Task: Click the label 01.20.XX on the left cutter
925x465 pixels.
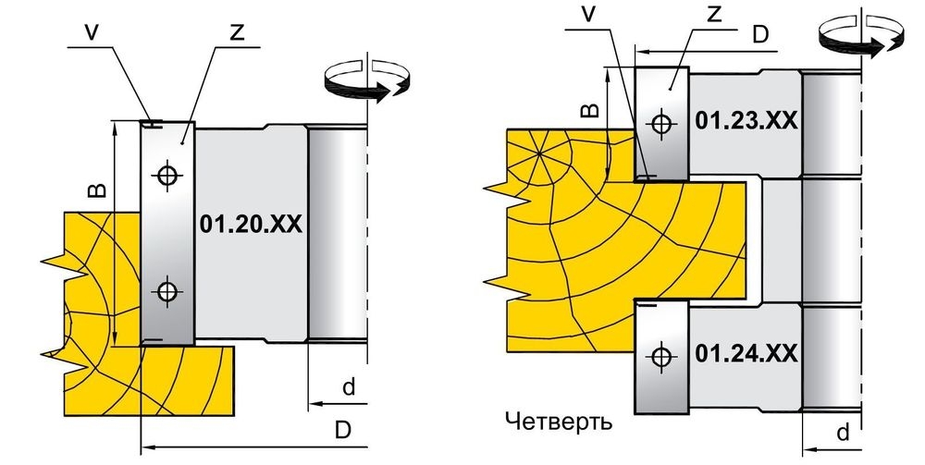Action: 251,225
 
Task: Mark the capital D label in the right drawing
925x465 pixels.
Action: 759,36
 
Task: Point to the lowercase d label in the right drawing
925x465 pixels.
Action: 842,432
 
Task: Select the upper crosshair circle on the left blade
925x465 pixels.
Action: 166,173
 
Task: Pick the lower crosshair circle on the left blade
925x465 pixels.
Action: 166,291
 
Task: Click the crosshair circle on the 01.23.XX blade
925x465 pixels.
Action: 660,122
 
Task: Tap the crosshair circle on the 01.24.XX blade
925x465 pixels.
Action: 660,354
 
